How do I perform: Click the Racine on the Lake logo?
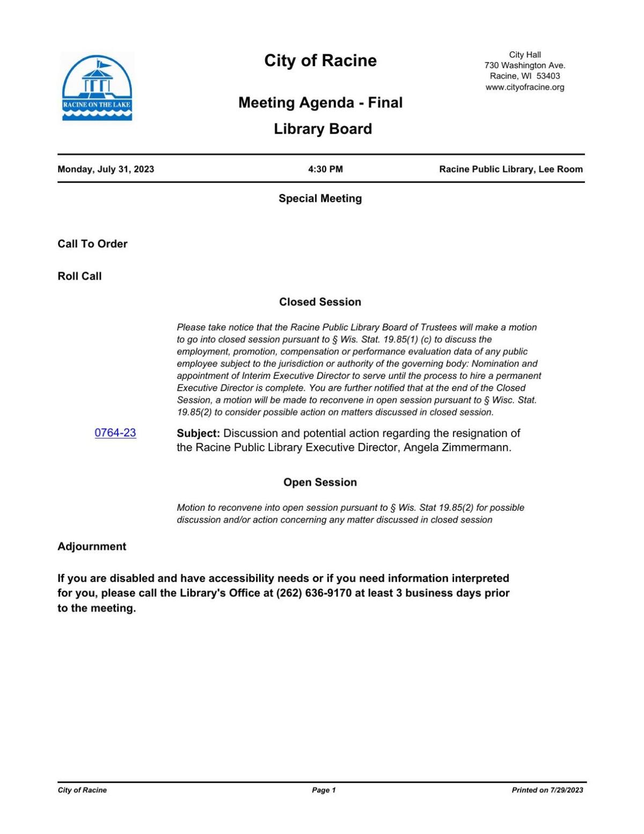pos(97,87)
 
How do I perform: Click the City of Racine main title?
pos(320,61)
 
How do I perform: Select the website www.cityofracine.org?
pos(524,87)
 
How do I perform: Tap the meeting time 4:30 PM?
pos(325,169)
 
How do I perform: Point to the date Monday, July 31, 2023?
pos(106,169)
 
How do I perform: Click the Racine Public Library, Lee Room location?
pos(510,169)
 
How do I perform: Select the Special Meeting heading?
pos(320,199)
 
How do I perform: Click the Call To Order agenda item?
pos(92,244)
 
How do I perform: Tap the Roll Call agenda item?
pos(79,276)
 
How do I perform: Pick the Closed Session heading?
pos(320,302)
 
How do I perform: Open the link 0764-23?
pos(115,433)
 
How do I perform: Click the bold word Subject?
pos(198,433)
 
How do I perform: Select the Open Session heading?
pos(320,482)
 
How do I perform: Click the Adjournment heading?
pos(92,546)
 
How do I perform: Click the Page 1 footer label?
pos(324,790)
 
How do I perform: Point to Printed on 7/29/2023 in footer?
pos(547,790)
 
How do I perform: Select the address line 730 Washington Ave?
pos(524,65)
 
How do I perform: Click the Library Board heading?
pos(323,129)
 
